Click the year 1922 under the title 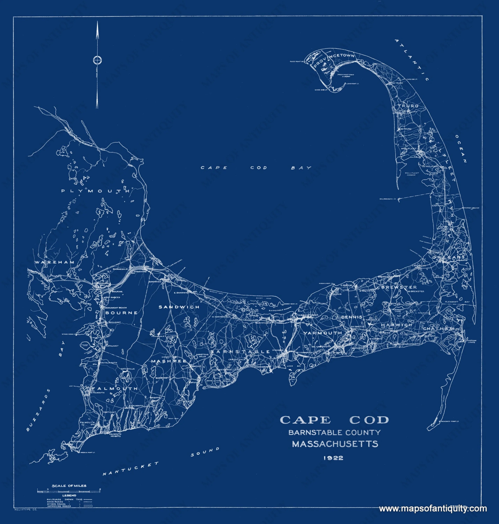click(x=333, y=458)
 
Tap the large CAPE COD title click(x=334, y=420)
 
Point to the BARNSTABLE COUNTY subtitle click(x=334, y=433)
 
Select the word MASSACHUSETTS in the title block click(x=335, y=444)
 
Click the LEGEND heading click(x=69, y=496)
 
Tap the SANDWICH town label click(x=179, y=307)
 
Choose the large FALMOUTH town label click(x=115, y=388)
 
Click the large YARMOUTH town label click(x=323, y=333)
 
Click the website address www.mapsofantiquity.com click(x=433, y=509)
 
